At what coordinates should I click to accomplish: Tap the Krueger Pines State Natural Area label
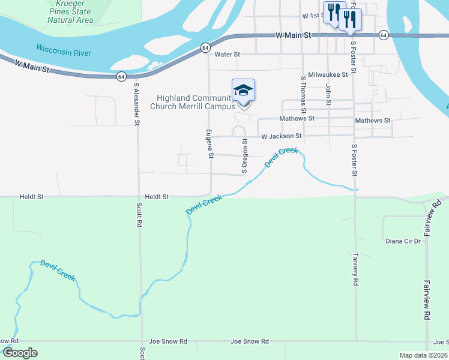point(70,12)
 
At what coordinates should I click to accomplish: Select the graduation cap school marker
point(243,91)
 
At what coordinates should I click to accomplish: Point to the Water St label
point(228,55)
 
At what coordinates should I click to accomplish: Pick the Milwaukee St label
point(328,75)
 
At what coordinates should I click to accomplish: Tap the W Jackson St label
point(281,137)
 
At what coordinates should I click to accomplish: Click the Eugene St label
point(210,144)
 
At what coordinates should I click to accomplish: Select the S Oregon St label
point(244,155)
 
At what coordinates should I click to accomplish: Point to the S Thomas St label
point(303,94)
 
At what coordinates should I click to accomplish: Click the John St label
point(328,94)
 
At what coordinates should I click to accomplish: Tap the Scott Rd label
point(139,214)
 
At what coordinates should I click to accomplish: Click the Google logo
point(20,353)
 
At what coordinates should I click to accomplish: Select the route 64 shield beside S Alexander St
point(121,76)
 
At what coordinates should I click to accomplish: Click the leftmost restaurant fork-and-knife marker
point(333,11)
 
